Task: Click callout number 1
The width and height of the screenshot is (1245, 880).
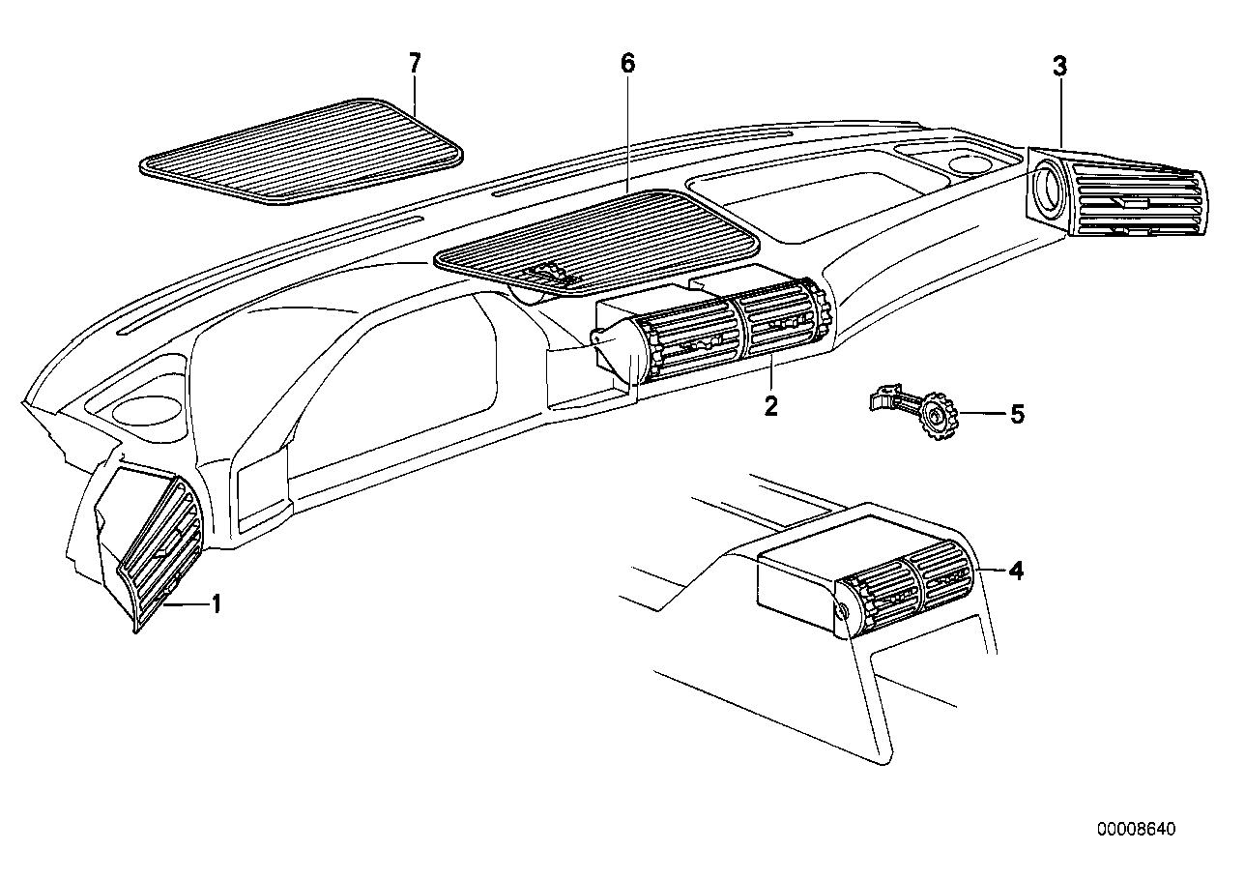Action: coord(217,605)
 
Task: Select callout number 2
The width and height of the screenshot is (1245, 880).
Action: coord(770,405)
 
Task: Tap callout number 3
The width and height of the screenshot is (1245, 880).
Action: coord(1059,67)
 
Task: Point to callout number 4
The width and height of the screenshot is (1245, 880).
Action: coord(1015,571)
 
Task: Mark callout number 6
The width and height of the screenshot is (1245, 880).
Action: coord(627,65)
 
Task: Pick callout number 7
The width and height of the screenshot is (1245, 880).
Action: coord(415,64)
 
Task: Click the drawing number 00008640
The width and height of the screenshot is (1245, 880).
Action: coord(1137,830)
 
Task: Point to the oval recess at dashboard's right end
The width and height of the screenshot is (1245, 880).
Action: coord(969,162)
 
